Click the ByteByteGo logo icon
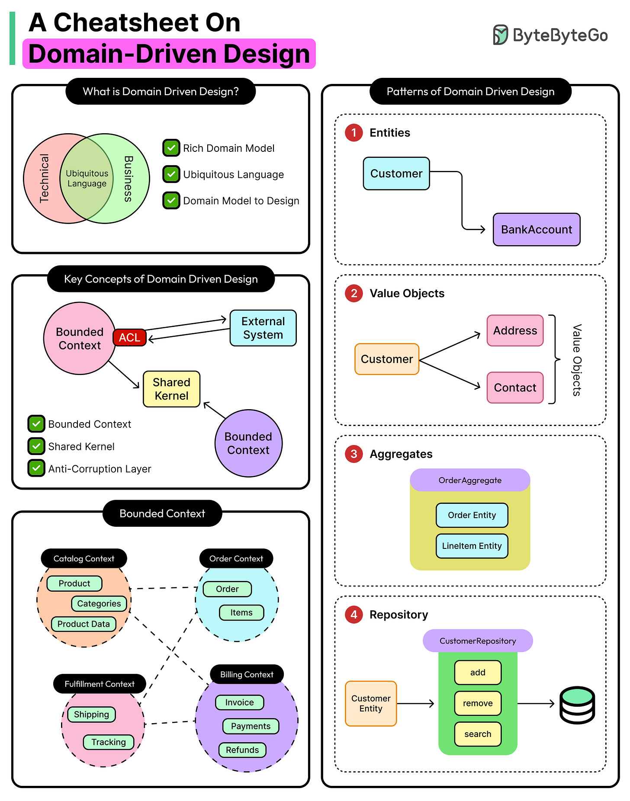tap(500, 35)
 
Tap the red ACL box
tap(129, 337)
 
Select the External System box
tap(263, 328)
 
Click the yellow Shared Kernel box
tap(171, 389)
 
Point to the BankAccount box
tap(537, 230)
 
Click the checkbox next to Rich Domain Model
tap(171, 148)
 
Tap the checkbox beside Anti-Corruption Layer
tap(36, 468)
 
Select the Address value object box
tap(515, 331)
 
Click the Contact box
tap(515, 388)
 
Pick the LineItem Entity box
tap(472, 546)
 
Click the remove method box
tap(478, 703)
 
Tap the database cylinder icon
tap(577, 705)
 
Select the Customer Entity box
tap(371, 704)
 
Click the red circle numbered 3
tap(354, 454)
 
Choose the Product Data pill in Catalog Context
tap(84, 624)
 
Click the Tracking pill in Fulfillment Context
tap(109, 742)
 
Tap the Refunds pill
tap(242, 750)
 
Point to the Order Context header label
tap(236, 558)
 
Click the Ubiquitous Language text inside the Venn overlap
tap(87, 179)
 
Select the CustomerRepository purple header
tap(478, 641)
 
